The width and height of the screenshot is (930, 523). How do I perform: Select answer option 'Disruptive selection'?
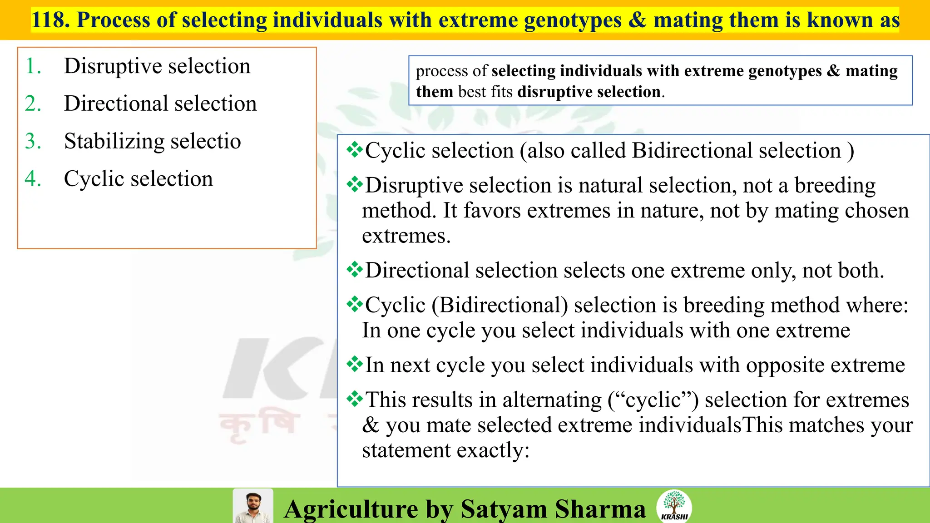point(157,66)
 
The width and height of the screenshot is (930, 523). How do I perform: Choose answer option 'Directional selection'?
point(160,104)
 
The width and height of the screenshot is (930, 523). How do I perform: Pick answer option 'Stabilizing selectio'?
point(152,142)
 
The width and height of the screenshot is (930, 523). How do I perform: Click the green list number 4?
point(32,179)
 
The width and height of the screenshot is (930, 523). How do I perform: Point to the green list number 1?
point(32,66)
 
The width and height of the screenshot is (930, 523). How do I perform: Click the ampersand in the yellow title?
point(637,20)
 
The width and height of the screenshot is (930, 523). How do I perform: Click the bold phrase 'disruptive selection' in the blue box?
point(589,92)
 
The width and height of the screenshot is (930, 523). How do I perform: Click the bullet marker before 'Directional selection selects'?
point(354,270)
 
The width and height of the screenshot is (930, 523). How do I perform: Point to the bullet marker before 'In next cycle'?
point(354,364)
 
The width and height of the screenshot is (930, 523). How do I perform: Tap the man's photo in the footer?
point(253,506)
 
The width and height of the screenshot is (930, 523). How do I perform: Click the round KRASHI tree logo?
point(674,506)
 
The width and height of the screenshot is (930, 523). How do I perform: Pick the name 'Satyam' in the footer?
point(504,509)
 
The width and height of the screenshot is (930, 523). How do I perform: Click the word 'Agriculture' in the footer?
point(351,509)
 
